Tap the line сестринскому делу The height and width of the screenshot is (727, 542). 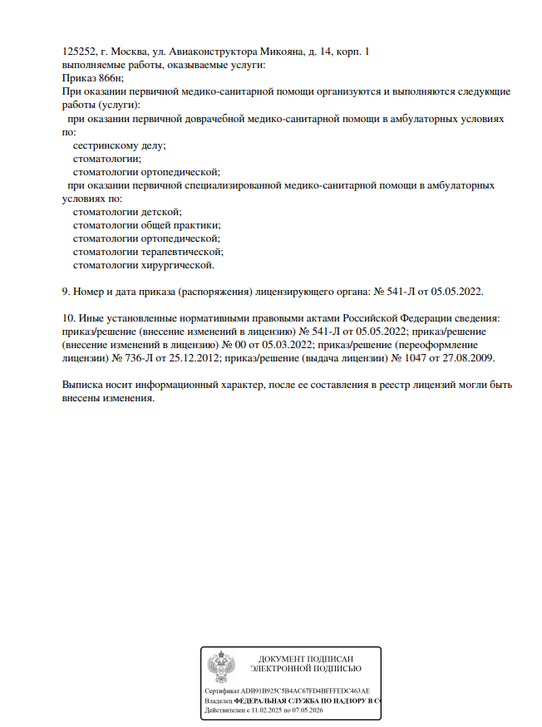tap(119, 145)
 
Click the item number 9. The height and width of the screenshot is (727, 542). tap(67, 292)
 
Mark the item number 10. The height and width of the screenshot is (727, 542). tap(69, 318)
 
